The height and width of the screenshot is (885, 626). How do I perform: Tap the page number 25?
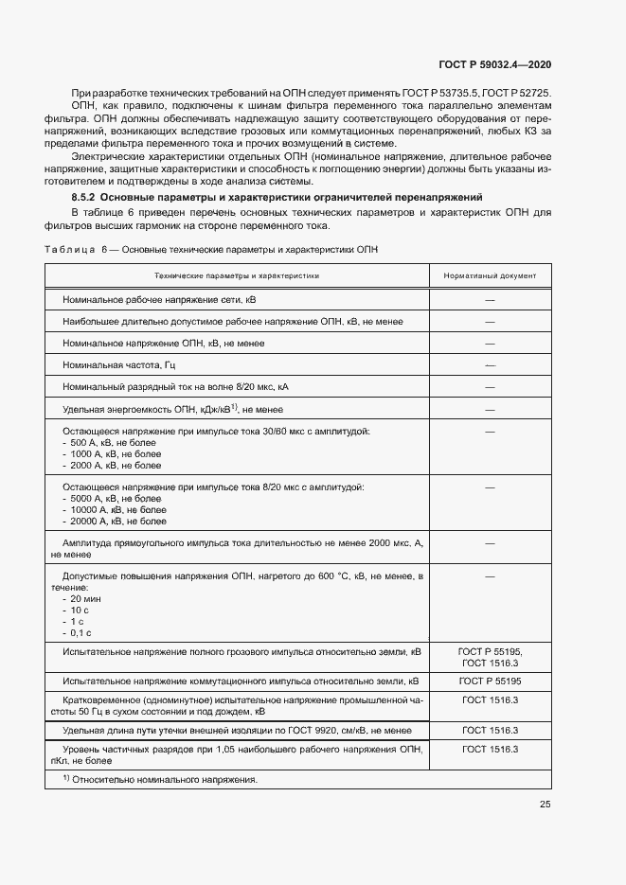(545, 805)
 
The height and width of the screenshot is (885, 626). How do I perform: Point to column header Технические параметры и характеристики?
(238, 276)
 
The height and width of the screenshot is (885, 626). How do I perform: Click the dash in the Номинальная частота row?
(490, 364)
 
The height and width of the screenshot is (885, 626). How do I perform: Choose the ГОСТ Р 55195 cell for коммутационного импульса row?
(490, 681)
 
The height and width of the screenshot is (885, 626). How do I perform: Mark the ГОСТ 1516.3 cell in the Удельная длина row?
(490, 731)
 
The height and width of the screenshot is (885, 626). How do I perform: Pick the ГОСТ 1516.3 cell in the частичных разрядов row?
(490, 749)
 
